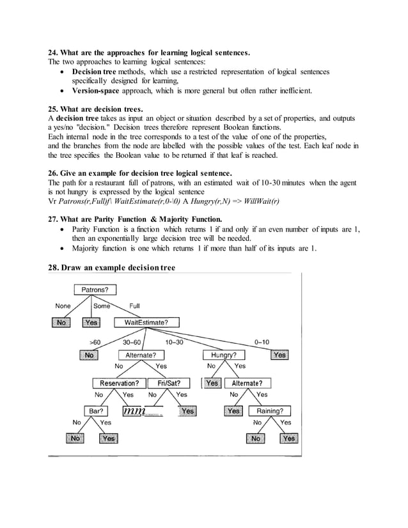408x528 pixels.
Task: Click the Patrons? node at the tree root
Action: click(95, 290)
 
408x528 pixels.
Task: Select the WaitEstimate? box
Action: click(146, 322)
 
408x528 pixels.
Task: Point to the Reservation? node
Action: click(119, 384)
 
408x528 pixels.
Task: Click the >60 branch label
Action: click(95, 342)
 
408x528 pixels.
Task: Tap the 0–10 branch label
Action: click(262, 342)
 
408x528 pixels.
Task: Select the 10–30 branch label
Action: click(174, 342)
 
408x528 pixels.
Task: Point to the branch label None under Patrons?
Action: click(63, 306)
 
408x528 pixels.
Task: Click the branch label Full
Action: click(135, 306)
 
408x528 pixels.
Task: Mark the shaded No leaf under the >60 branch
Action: click(90, 355)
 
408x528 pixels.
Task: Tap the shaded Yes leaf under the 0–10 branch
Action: click(279, 355)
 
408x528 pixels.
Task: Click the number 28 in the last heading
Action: click(54, 267)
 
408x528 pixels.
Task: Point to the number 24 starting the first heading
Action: click(54, 52)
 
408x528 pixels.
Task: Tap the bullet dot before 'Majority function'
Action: click(61, 249)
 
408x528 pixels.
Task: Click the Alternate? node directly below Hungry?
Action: click(246, 384)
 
